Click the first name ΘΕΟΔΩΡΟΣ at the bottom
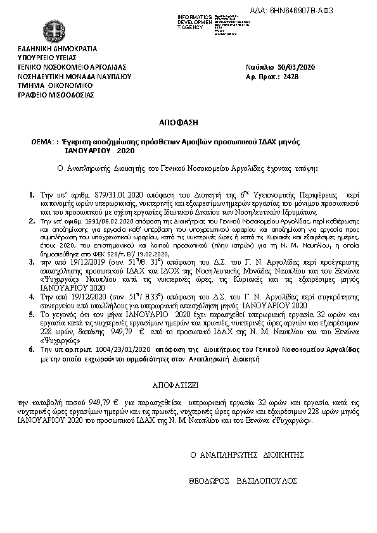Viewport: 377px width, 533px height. pyautogui.click(x=210, y=480)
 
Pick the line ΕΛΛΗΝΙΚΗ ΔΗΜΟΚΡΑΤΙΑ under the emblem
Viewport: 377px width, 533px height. pyautogui.click(x=58, y=47)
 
